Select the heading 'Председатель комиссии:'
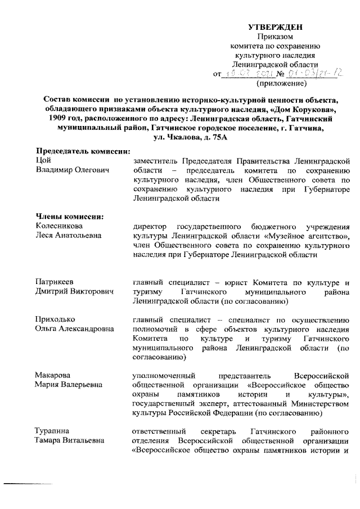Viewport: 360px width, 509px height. pos(83,151)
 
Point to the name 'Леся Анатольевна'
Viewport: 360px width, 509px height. pos(69,235)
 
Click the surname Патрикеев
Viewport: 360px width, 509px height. pos(55,282)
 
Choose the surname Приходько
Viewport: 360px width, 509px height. pos(55,319)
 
